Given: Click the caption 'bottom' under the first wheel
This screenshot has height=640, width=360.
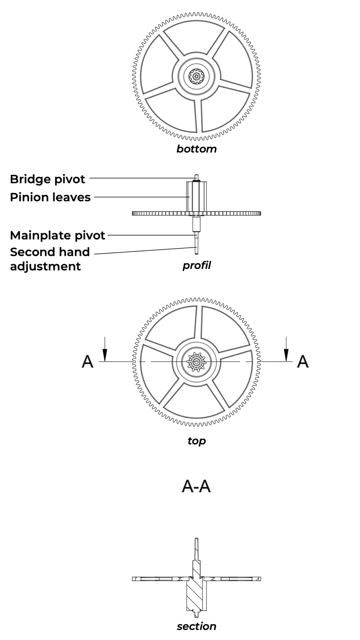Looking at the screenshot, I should tap(196, 149).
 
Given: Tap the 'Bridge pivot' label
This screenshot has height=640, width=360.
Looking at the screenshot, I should tap(47, 179).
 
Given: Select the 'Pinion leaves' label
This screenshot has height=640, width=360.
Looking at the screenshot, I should tap(50, 197).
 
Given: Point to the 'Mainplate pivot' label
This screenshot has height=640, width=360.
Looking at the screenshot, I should tap(57, 235).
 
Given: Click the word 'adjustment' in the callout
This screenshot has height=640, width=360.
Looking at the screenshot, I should tap(45, 266).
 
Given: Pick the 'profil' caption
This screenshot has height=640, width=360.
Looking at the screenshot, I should tap(197, 265).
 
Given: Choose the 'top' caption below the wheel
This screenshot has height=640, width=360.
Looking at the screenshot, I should tap(196, 441).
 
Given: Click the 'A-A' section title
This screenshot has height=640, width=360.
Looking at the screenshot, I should tap(196, 487).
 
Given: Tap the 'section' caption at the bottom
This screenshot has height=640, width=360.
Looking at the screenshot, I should tap(196, 626).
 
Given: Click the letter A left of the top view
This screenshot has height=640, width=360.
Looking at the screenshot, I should tap(87, 361).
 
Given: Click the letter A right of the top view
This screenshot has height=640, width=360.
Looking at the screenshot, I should tap(303, 361).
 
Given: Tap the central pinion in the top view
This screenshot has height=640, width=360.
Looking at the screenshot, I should tap(196, 362).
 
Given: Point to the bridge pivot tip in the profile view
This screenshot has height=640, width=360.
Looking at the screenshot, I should tap(197, 177).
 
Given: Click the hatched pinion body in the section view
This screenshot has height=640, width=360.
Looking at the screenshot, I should tap(194, 597).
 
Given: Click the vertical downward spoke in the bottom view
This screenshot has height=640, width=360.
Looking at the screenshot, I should tap(198, 115).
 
